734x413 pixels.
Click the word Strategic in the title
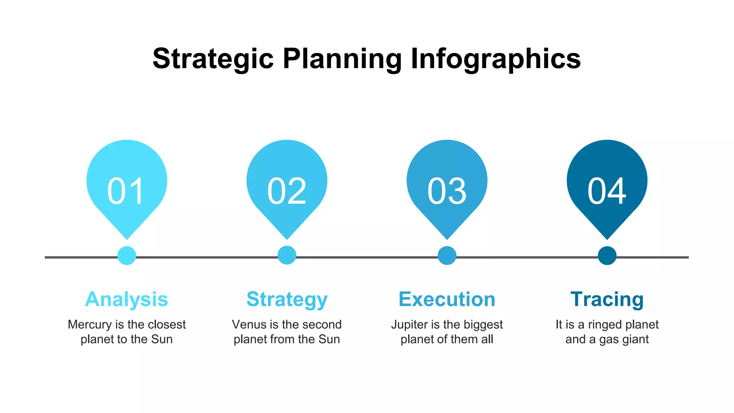[x=213, y=59]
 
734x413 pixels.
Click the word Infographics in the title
[x=496, y=59]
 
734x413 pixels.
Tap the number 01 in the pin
[x=126, y=191]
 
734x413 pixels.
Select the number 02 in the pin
[x=287, y=191]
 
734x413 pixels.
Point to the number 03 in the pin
[x=447, y=191]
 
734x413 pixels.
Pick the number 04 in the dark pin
[x=607, y=191]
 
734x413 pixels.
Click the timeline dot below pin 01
[x=127, y=256]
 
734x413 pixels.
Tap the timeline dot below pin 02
[x=287, y=255]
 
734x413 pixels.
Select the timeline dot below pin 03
[x=447, y=256]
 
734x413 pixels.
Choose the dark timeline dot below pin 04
[x=607, y=256]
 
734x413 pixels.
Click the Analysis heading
[x=127, y=299]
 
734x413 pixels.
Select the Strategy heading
[x=287, y=300]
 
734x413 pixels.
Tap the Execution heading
[x=447, y=299]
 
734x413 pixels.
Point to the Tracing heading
[x=607, y=300]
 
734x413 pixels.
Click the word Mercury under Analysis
[x=90, y=325]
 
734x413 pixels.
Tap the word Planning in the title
[x=342, y=59]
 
